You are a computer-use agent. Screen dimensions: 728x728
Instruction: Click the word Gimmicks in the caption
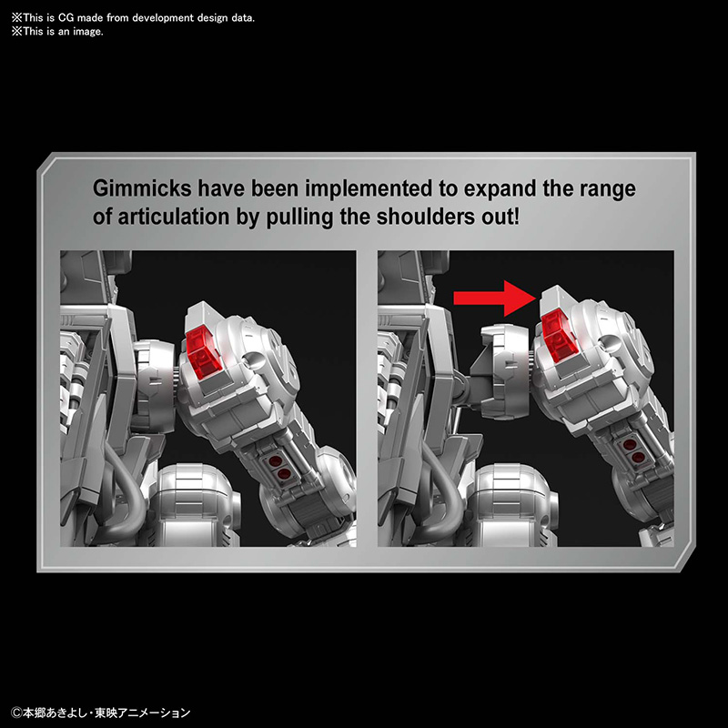[142, 188]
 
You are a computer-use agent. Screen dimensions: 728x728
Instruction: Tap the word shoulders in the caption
[426, 217]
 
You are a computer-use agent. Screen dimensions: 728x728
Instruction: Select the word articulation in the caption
[174, 217]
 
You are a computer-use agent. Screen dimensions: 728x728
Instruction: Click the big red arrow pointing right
[494, 298]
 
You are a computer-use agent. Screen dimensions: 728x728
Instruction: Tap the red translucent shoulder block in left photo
[203, 348]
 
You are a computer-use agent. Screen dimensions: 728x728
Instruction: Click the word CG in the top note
[66, 18]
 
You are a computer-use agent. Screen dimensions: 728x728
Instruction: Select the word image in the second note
[87, 32]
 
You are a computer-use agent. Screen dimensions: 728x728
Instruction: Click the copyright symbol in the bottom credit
[16, 713]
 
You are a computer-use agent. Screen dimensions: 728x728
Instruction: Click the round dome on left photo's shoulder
[255, 359]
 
